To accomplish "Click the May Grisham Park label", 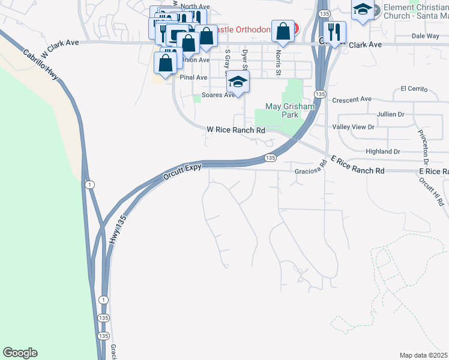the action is point(290,110).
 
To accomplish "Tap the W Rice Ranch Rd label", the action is point(236,130).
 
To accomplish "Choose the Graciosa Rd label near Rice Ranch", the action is point(309,170).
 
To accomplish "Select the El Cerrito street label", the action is point(414,89).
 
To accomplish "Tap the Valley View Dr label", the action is point(354,127).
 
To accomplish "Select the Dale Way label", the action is point(426,36).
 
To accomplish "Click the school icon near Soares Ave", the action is point(238,83).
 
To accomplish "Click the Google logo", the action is point(20,353).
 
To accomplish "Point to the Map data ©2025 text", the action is point(423,355).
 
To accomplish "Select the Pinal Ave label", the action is point(194,77).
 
